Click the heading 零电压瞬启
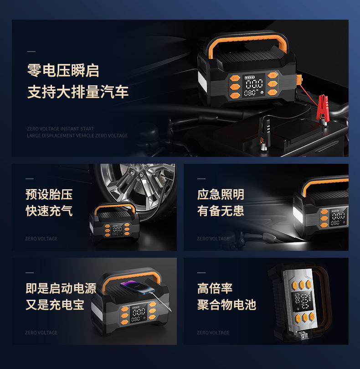tap(63, 71)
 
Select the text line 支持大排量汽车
tap(78, 92)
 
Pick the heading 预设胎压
tap(49, 194)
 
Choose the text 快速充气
tap(49, 211)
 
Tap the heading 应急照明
tap(221, 194)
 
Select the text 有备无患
tap(221, 211)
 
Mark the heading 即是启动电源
tap(61, 288)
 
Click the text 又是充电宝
tap(55, 305)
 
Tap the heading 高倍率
tap(215, 288)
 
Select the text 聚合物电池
tap(226, 305)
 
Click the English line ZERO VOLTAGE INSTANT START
tap(60, 129)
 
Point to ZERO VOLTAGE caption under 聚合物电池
tap(213, 333)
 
